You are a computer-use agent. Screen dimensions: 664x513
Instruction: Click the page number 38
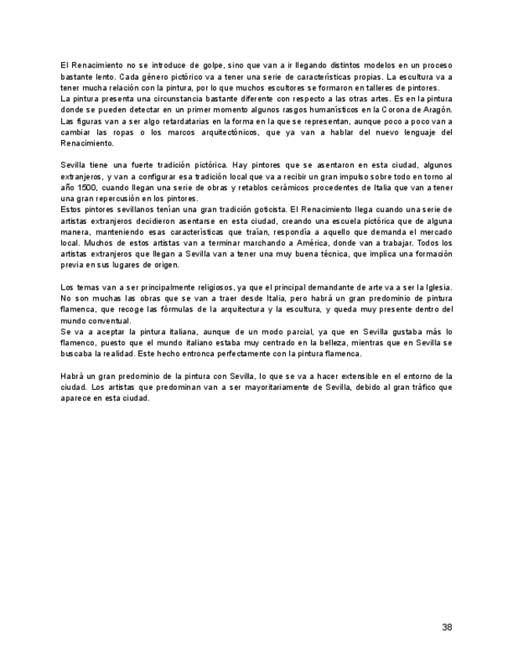click(446, 627)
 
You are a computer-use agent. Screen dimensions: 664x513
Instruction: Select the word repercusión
click(123, 199)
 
